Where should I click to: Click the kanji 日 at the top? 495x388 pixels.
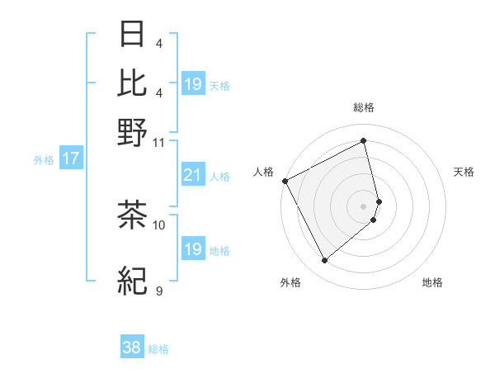[x=133, y=34]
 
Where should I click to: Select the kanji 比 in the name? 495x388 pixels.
[x=133, y=83]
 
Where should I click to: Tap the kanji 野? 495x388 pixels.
[x=133, y=132]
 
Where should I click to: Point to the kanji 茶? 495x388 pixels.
[x=133, y=215]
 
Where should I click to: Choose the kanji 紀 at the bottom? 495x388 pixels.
[x=133, y=282]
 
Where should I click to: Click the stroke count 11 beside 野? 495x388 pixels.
[x=158, y=142]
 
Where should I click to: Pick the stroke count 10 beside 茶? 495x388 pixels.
[x=158, y=225]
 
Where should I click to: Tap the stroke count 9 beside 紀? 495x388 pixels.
[x=158, y=291]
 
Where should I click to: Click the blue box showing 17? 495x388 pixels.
[x=71, y=159]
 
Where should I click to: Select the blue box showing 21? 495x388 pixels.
[x=192, y=175]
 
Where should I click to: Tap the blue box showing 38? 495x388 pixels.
[x=131, y=348]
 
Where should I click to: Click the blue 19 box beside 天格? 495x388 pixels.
[x=192, y=84]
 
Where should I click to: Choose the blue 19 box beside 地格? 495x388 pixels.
[x=192, y=249]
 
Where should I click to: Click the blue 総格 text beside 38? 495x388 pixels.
[x=158, y=349]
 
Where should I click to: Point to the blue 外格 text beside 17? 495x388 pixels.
[x=44, y=160]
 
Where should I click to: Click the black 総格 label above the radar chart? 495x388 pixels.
[x=363, y=107]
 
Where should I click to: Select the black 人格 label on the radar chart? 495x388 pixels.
[x=264, y=172]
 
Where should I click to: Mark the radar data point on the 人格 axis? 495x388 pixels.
[x=285, y=181]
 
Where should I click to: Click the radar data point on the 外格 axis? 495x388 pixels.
[x=324, y=261]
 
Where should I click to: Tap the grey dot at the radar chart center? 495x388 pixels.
[x=364, y=206]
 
